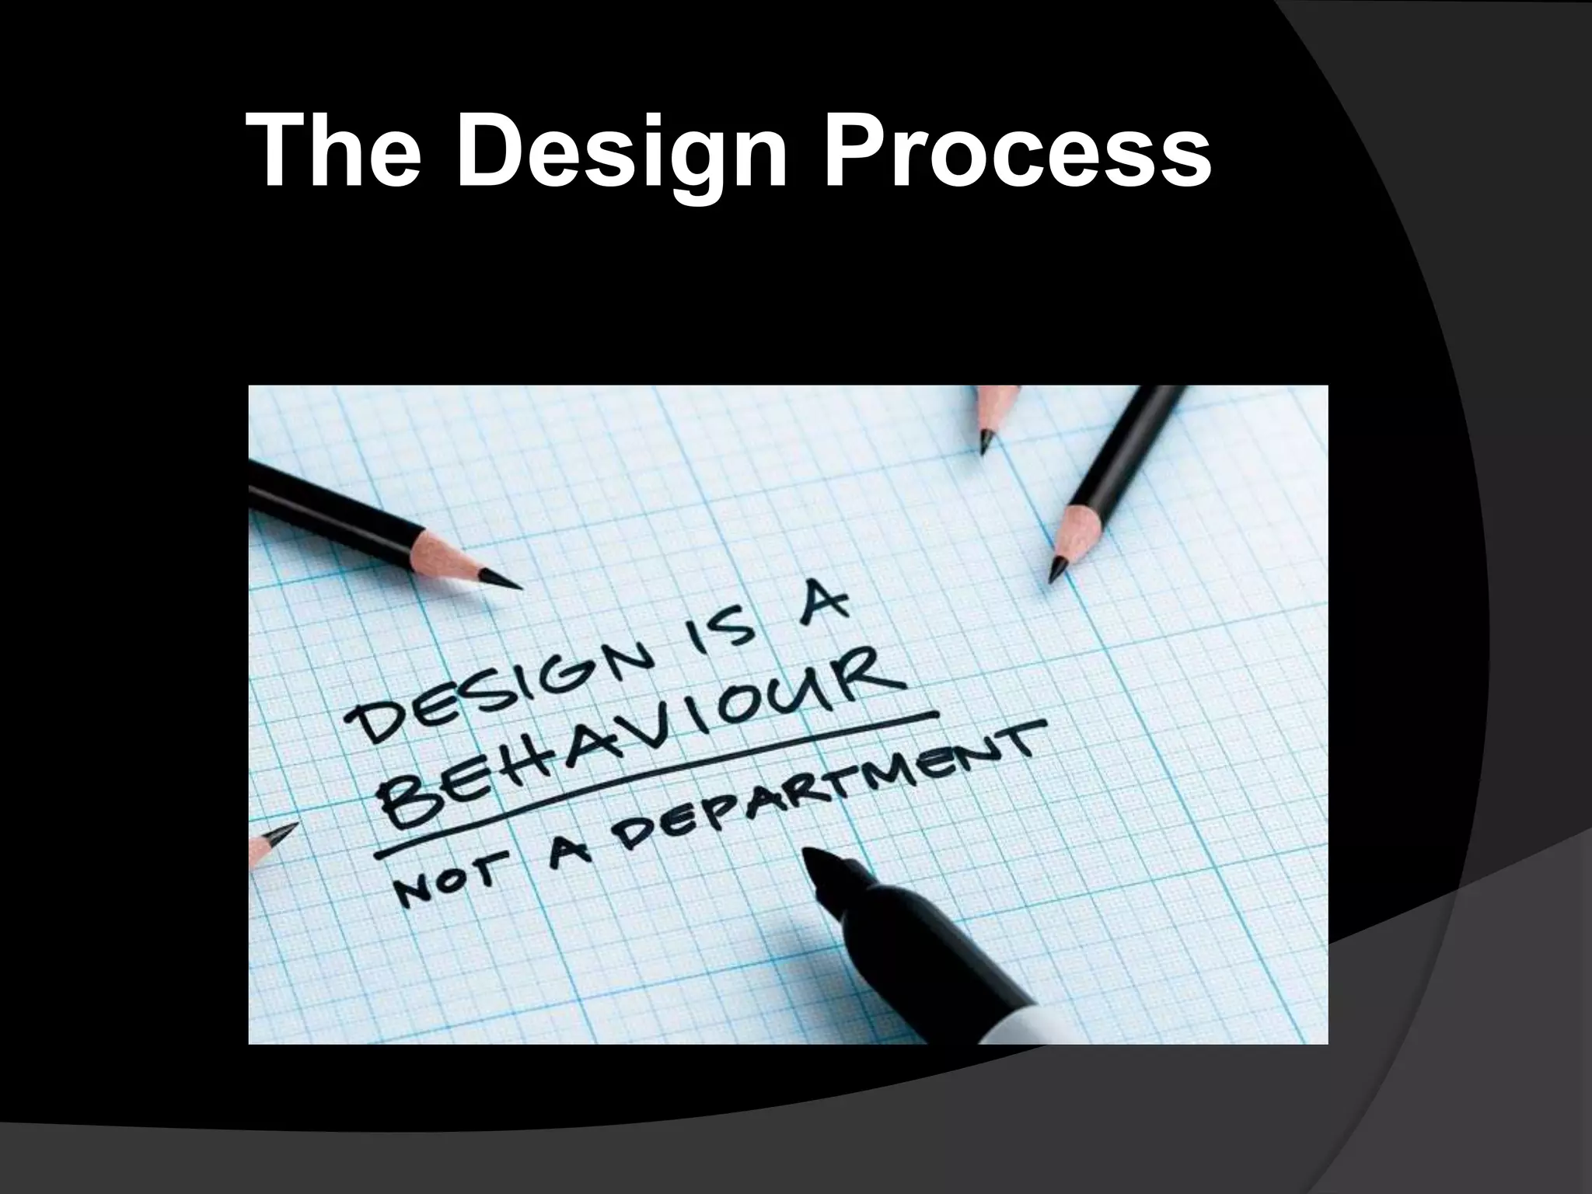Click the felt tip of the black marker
(x=820, y=863)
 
